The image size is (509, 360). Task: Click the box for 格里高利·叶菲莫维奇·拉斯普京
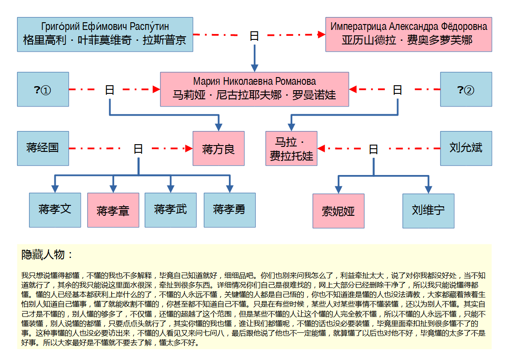coord(105,34)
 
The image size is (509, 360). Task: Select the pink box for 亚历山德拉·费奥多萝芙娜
coord(409,34)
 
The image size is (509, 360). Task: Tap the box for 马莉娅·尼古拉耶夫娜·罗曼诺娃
coord(255,89)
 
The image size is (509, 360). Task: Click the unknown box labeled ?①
coord(43,89)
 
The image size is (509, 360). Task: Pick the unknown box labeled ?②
coord(466,89)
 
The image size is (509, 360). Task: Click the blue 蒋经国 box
coord(43,148)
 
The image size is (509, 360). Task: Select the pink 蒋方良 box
coord(218,148)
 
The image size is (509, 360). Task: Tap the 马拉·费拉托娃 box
coord(291,148)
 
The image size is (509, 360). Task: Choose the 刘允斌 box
coord(466,148)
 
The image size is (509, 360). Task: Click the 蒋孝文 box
coord(55,210)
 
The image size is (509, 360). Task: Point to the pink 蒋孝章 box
coord(113,210)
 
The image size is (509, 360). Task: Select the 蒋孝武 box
coord(170,210)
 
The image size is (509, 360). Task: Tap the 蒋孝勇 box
coord(229,210)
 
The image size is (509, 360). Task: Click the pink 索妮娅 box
coord(338,211)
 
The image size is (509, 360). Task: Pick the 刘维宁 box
coord(428,211)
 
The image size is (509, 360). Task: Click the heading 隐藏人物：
coord(48,255)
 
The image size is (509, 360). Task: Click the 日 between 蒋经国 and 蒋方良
coord(138,149)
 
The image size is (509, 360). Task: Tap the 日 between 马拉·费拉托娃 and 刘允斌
coord(373,149)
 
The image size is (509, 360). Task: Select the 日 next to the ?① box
coord(110,90)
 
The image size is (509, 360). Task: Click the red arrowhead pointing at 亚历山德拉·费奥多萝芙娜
coord(321,34)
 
